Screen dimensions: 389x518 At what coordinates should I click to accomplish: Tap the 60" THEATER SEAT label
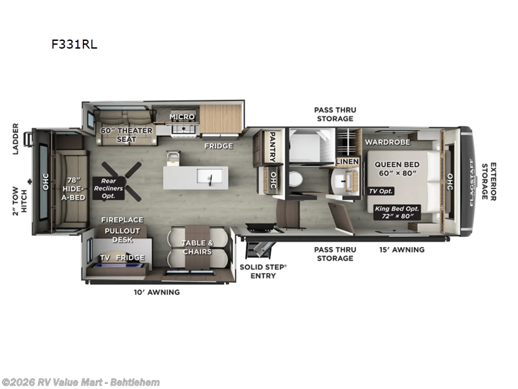[126, 135]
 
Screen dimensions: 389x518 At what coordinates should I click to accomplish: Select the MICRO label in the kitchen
[182, 117]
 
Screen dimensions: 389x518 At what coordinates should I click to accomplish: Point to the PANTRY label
[273, 147]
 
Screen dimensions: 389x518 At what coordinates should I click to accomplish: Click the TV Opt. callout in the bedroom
[381, 191]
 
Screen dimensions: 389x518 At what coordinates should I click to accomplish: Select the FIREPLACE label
[122, 220]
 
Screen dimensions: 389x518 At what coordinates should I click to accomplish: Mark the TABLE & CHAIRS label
[196, 247]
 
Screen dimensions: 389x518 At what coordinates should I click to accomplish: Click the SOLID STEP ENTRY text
[258, 271]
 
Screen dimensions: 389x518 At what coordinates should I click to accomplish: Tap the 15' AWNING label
[401, 250]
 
